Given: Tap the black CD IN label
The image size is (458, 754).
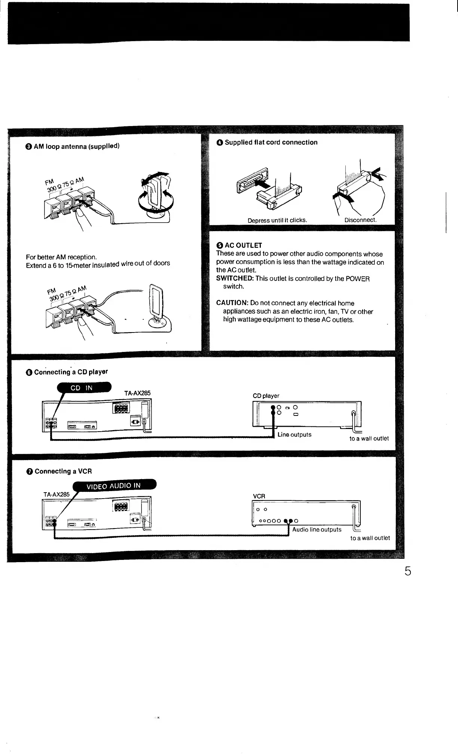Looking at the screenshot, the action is [84, 388].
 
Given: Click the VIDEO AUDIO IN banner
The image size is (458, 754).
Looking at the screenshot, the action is [114, 486].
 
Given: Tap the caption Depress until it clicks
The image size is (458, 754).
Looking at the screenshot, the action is [277, 220].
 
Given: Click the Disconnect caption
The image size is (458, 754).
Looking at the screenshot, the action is [360, 220].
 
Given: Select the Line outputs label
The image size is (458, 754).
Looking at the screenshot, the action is [294, 435].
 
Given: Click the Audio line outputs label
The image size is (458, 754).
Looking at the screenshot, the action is [317, 530].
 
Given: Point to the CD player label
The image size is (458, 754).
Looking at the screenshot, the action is [266, 396].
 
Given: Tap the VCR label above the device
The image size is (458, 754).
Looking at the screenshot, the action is [259, 496].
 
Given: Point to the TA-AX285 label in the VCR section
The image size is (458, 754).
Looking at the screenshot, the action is [57, 494].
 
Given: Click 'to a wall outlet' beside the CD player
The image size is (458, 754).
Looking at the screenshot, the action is [369, 438].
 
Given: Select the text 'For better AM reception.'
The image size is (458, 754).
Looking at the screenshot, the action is [61, 257].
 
